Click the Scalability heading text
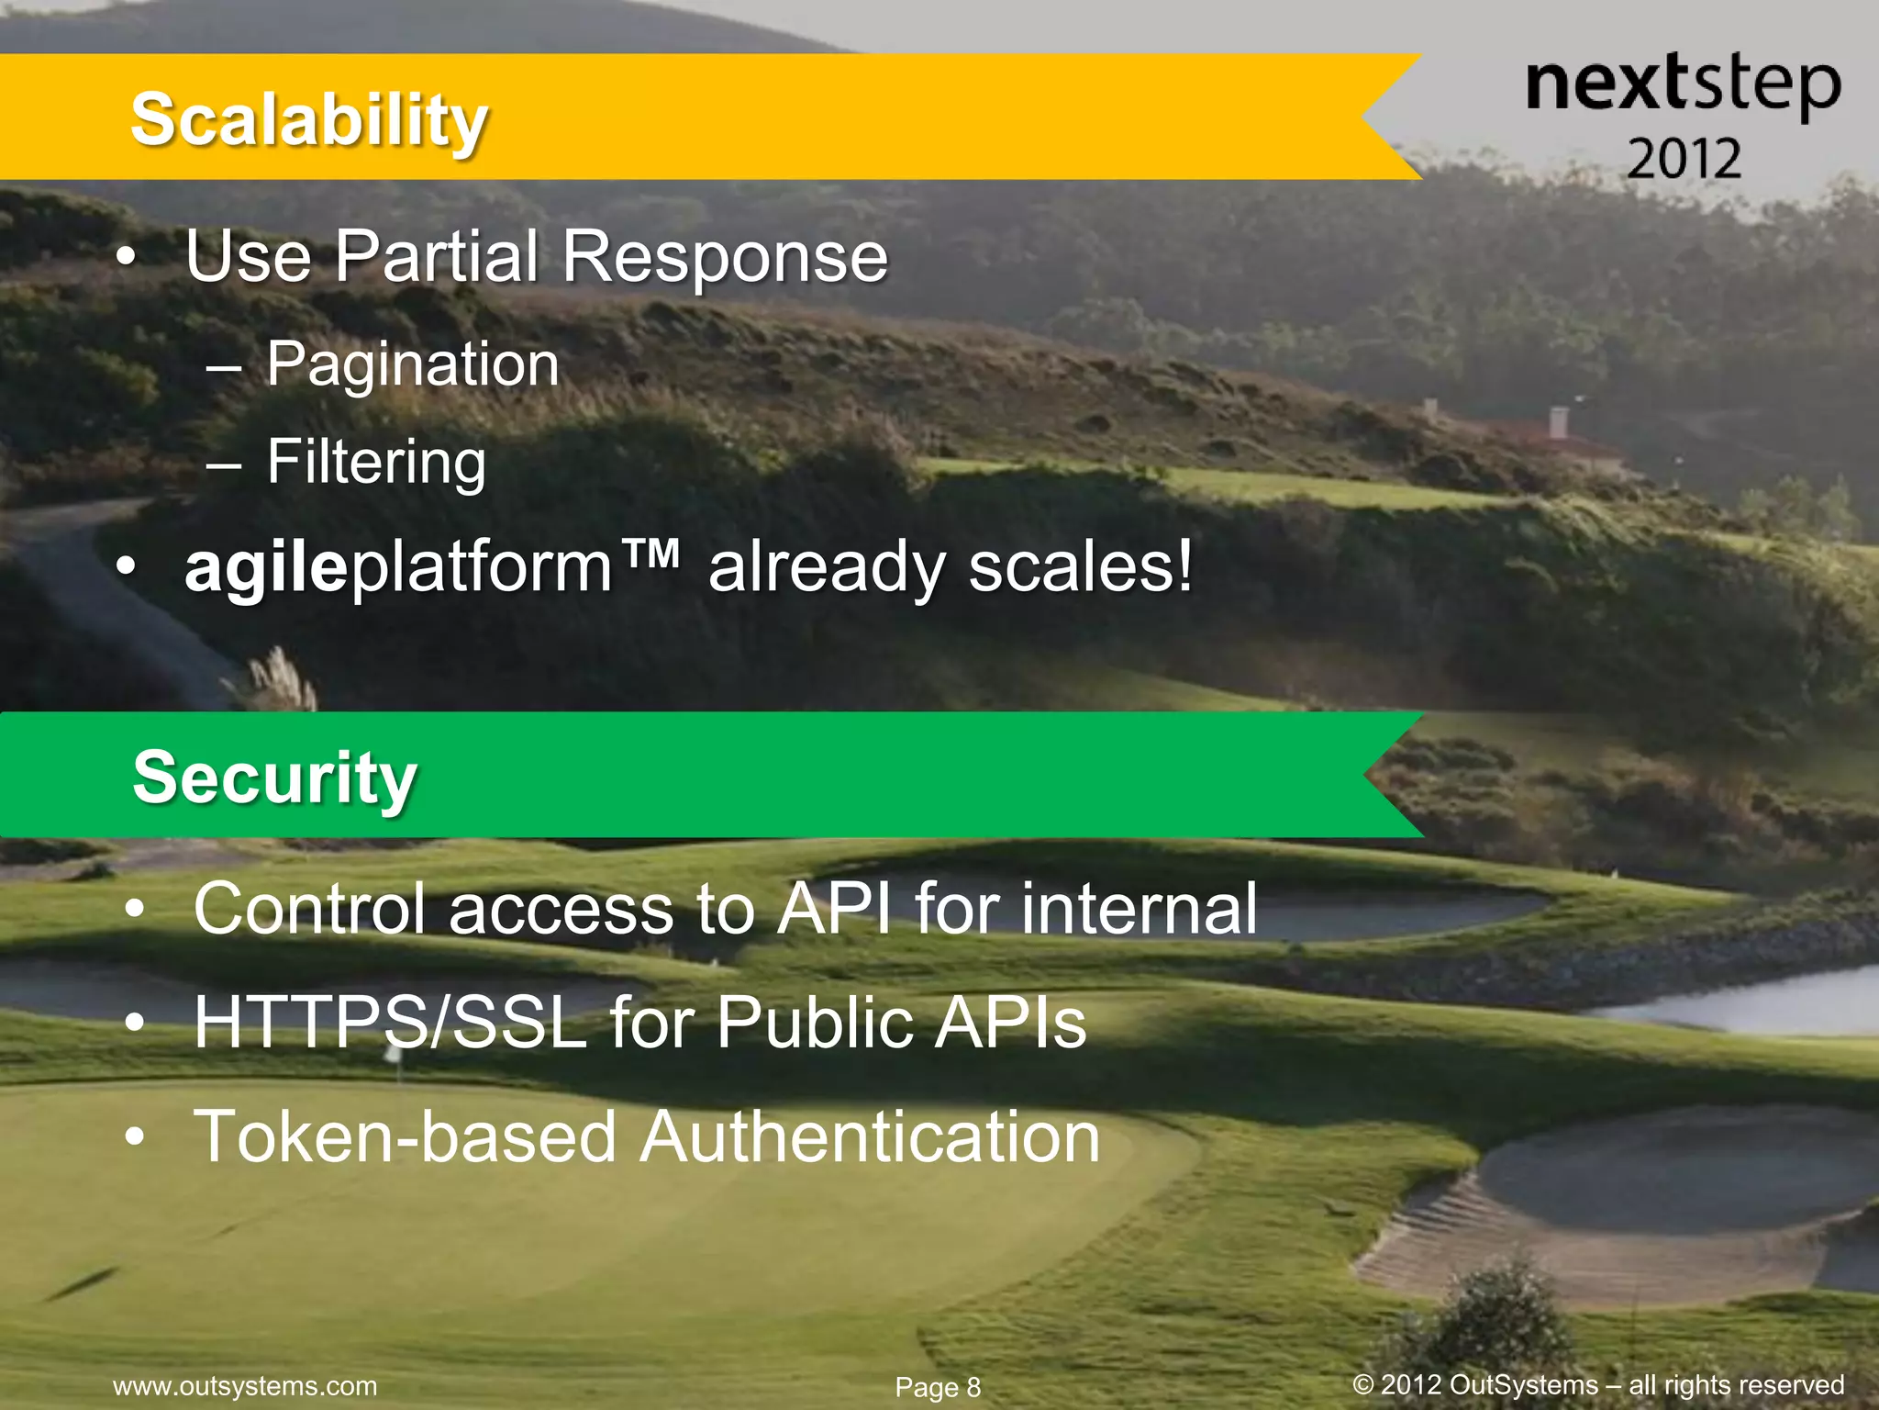pos(308,120)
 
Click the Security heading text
pos(274,778)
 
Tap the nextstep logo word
pos(1683,85)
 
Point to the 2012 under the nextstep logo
pos(1684,159)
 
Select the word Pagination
pos(412,364)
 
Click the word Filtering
pos(376,462)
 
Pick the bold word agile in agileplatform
pos(266,568)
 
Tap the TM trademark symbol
pos(650,554)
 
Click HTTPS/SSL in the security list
pos(390,1023)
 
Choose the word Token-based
pos(405,1136)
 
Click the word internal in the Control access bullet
pos(1138,909)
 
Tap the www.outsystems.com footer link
pos(245,1385)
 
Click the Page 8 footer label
pos(938,1387)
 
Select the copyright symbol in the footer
pos(1363,1384)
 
